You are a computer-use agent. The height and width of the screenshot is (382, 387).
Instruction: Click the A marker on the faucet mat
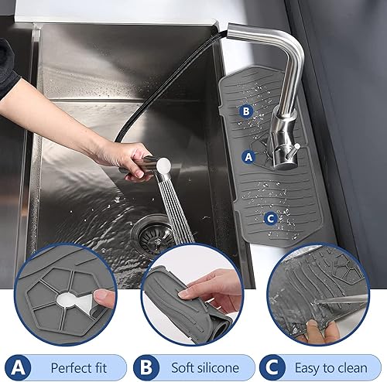pyautogui.click(x=248, y=155)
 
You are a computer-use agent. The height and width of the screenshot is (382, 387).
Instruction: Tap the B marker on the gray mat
pyautogui.click(x=245, y=111)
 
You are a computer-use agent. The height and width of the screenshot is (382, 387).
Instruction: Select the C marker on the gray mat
pyautogui.click(x=269, y=218)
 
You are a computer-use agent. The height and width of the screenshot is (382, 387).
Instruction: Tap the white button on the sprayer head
pyautogui.click(x=163, y=162)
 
